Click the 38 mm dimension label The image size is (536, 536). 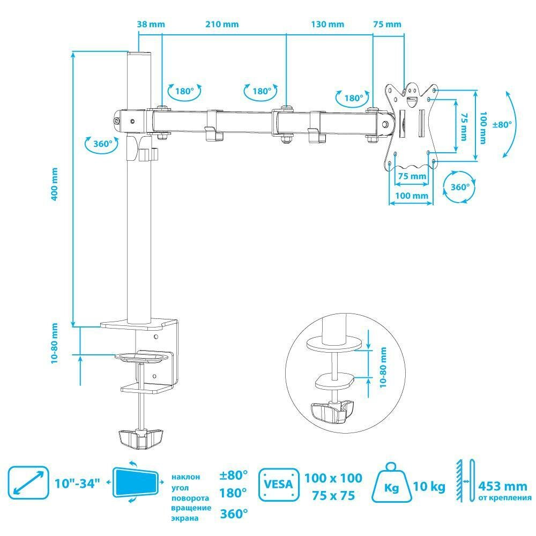(x=151, y=24)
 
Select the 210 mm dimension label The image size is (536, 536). (x=221, y=24)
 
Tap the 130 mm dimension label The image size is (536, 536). (x=327, y=24)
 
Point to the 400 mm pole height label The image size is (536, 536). (x=54, y=184)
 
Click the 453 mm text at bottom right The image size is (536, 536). (x=502, y=486)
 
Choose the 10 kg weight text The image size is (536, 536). (x=429, y=487)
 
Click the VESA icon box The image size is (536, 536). (x=279, y=485)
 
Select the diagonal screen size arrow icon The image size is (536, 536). (x=27, y=482)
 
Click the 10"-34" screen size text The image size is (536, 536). (x=78, y=483)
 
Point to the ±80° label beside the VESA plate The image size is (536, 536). (x=502, y=124)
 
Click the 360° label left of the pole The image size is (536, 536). (x=102, y=144)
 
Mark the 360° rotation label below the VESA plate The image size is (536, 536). (x=460, y=188)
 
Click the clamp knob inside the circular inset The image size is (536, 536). (x=333, y=411)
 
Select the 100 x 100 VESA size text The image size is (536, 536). (x=333, y=478)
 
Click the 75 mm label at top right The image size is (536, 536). (x=387, y=24)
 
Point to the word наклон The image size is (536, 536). (x=186, y=476)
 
